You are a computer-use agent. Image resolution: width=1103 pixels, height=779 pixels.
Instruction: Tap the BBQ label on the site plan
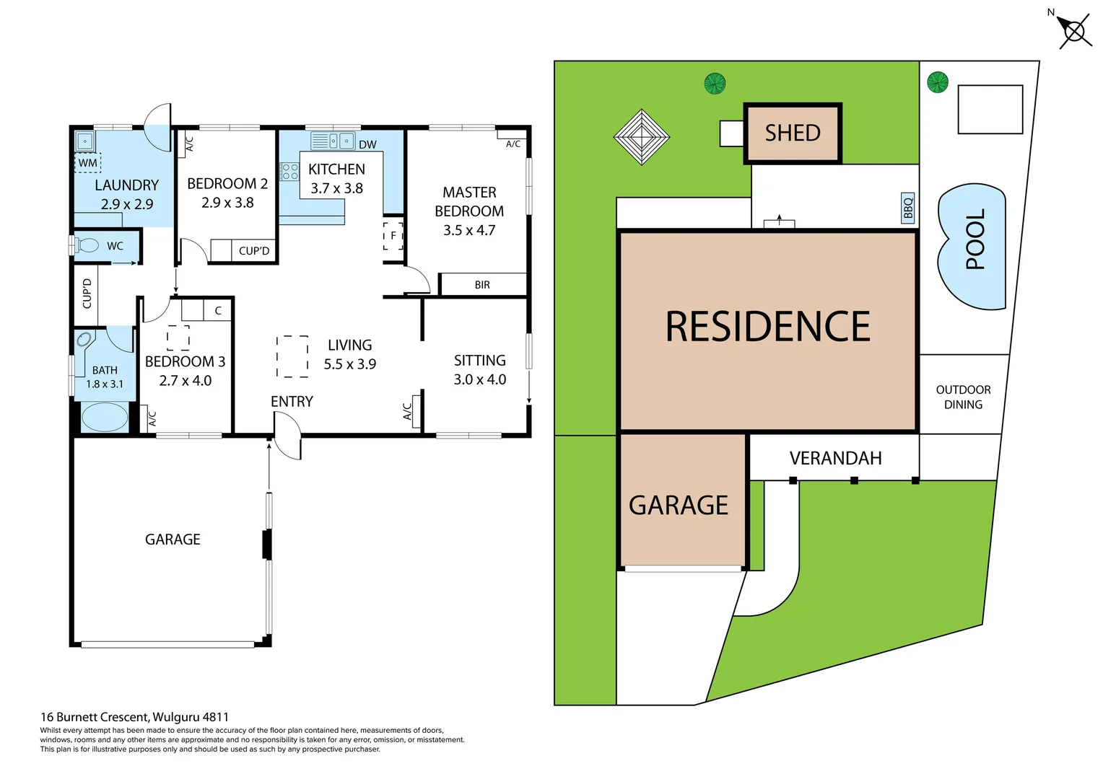pos(908,207)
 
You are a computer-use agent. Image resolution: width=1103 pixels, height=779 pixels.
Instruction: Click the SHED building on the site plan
pos(793,133)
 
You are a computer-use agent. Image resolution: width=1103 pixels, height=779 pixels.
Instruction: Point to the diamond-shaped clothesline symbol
pos(641,136)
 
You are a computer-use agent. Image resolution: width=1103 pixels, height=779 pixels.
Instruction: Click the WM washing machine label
pos(88,163)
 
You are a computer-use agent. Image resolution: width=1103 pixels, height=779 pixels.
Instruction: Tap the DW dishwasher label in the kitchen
pos(367,144)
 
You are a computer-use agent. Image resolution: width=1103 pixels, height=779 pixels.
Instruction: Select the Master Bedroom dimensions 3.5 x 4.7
pos(469,230)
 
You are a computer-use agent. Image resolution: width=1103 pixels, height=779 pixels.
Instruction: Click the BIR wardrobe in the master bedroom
pos(482,285)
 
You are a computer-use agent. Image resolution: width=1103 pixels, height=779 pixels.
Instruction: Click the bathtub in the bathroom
pos(105,418)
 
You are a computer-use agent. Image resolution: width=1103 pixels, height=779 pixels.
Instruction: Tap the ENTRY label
pos(292,402)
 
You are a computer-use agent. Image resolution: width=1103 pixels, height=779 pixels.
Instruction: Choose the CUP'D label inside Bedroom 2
pos(253,251)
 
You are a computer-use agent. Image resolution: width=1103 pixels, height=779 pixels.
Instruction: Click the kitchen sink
pos(339,141)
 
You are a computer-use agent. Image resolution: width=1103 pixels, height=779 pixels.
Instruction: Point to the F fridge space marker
pos(393,236)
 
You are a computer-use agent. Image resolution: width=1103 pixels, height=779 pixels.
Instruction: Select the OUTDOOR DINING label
pos(963,397)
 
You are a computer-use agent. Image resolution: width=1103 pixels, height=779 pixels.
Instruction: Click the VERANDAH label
pos(835,459)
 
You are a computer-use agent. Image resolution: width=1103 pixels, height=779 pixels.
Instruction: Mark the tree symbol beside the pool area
pos(937,82)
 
